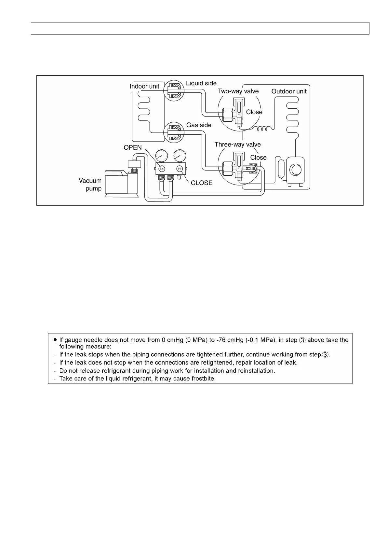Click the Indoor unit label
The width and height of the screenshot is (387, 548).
(x=144, y=86)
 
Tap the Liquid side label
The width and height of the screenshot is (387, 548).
(x=201, y=83)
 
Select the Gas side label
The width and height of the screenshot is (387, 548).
(x=199, y=125)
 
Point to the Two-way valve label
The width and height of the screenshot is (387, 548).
(x=238, y=91)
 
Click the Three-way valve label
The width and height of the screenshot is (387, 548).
(x=237, y=144)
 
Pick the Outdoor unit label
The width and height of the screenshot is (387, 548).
(x=289, y=91)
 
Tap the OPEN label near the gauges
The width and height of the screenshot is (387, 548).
(x=133, y=147)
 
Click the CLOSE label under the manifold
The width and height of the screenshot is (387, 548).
(x=202, y=183)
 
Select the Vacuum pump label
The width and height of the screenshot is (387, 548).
(x=90, y=185)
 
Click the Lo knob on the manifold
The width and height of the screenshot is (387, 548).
(x=162, y=169)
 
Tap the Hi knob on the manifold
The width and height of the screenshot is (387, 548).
(x=179, y=169)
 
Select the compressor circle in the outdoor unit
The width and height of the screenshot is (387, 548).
(x=296, y=170)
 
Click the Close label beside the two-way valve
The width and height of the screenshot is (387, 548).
(x=254, y=112)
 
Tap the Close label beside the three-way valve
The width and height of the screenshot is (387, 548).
(x=258, y=158)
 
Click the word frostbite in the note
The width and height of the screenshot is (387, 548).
(x=203, y=378)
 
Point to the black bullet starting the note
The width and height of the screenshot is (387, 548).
(x=55, y=339)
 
